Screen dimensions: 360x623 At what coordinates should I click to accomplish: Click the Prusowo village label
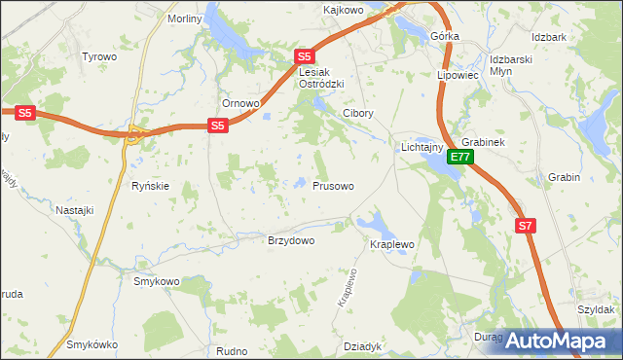(333, 185)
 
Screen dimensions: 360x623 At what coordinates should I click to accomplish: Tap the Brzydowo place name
(291, 241)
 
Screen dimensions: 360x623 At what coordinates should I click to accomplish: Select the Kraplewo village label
(392, 244)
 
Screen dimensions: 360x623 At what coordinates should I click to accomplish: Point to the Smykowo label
(158, 281)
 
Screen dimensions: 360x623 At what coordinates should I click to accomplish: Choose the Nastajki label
(74, 209)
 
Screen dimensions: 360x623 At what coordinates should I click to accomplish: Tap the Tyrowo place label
(99, 56)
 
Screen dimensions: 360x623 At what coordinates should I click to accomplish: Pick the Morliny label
(184, 18)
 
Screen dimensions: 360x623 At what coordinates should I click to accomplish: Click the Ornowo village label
(240, 104)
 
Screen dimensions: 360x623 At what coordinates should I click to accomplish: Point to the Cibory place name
(357, 113)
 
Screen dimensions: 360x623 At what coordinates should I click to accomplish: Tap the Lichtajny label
(422, 148)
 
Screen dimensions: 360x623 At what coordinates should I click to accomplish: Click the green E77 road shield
(460, 157)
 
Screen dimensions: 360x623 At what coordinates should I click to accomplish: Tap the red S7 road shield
(526, 226)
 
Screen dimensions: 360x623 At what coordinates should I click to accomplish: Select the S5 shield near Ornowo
(218, 126)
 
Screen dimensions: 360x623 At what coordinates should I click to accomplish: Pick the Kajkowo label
(343, 10)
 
